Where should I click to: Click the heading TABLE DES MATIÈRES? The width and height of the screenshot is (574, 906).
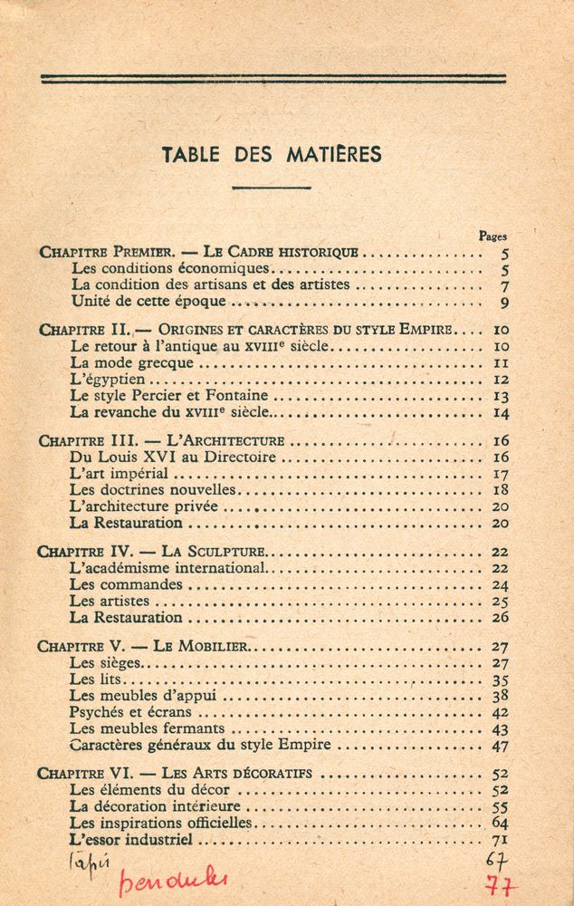(x=272, y=154)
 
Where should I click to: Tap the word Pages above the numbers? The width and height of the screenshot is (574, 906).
(x=493, y=236)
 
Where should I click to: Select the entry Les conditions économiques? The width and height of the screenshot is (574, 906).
(x=170, y=269)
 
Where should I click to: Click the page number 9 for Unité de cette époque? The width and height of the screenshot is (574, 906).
(x=504, y=303)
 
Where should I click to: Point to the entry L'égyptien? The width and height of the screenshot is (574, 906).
(x=107, y=379)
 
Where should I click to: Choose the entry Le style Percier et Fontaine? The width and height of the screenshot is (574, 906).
(x=169, y=395)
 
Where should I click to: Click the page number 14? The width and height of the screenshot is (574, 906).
(x=501, y=412)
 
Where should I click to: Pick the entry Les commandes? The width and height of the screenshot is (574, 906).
(x=126, y=584)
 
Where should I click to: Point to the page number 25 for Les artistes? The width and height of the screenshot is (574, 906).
(x=500, y=602)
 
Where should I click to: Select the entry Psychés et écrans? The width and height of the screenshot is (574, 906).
(x=130, y=712)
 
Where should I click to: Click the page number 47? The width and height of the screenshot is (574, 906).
(x=500, y=746)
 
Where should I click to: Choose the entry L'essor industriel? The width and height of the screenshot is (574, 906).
(x=131, y=840)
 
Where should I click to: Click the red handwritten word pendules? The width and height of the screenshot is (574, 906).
(x=172, y=880)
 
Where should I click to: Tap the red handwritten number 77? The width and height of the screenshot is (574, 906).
(x=497, y=883)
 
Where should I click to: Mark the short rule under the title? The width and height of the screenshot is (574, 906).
(x=272, y=187)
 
